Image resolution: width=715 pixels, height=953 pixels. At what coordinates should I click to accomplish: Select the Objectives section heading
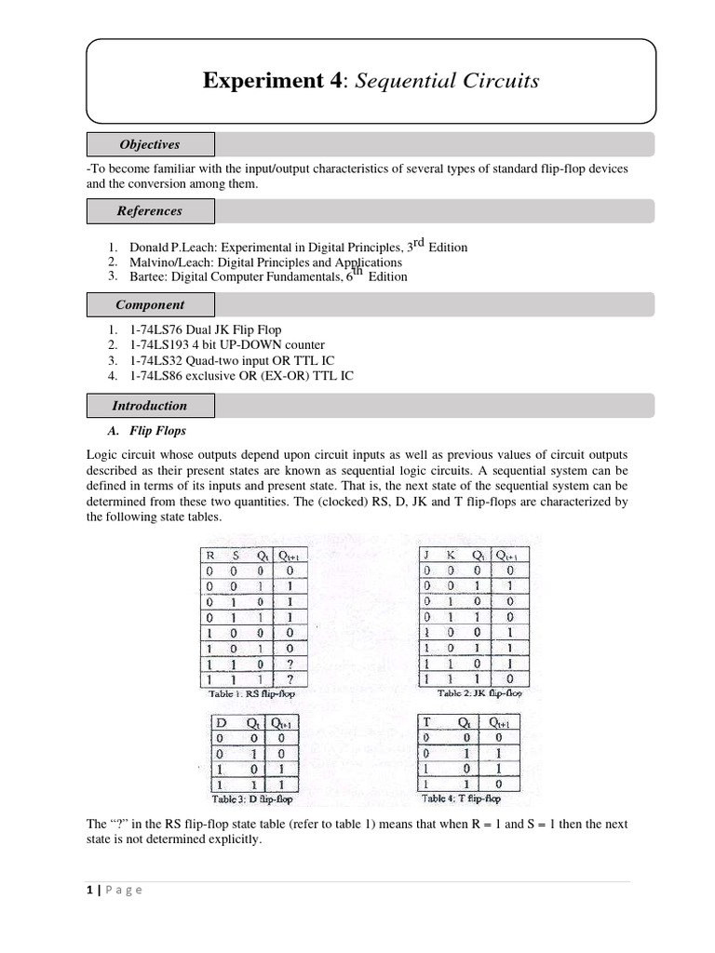click(150, 144)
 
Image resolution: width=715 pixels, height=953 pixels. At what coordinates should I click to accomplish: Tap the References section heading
click(150, 211)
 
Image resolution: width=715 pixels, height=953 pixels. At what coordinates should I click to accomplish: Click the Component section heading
click(150, 304)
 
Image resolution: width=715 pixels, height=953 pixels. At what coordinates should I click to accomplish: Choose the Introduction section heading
click(150, 406)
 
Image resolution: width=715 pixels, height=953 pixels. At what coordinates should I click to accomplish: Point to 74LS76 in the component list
click(155, 330)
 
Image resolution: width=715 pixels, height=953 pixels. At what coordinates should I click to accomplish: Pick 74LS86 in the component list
click(155, 376)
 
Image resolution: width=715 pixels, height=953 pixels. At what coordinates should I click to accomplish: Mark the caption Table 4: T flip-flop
click(461, 799)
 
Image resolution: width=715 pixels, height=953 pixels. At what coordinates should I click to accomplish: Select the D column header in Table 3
click(221, 723)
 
